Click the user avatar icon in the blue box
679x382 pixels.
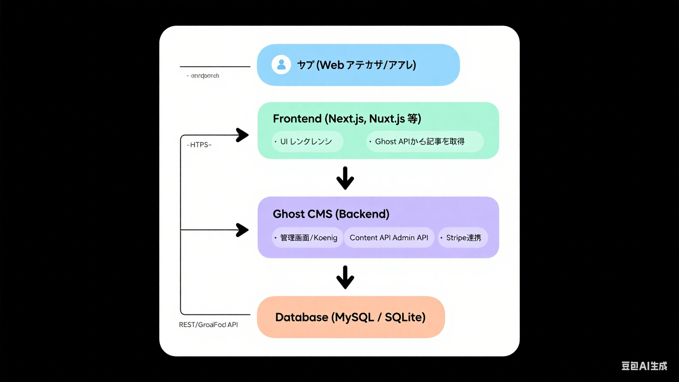point(281,65)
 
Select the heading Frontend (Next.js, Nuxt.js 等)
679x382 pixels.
point(347,118)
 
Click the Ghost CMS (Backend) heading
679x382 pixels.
point(331,214)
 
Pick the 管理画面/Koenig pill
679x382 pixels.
point(308,237)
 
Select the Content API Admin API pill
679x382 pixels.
point(389,237)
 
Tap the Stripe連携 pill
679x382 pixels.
point(463,237)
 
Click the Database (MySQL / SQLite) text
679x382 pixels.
point(350,317)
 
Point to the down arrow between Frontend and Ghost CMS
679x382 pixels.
point(345,178)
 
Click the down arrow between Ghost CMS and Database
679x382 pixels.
point(345,277)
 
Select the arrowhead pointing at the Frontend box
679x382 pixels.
point(242,135)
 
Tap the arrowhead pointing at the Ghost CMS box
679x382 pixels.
point(242,230)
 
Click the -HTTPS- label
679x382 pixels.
point(199,145)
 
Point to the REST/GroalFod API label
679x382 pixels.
point(208,325)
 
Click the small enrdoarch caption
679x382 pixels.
point(203,76)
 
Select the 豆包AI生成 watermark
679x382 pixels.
point(644,366)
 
